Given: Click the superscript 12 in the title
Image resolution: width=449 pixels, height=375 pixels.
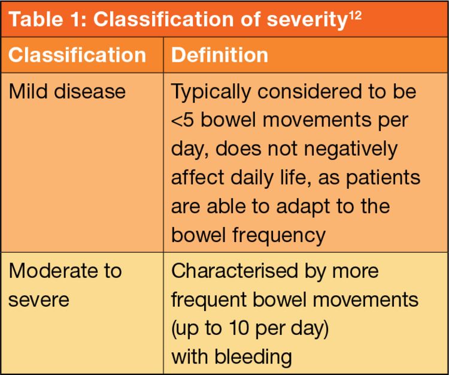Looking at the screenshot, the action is (x=355, y=16).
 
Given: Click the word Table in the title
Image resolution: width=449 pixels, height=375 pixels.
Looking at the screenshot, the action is (x=36, y=19).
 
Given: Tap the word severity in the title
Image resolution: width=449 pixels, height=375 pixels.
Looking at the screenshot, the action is (x=307, y=20).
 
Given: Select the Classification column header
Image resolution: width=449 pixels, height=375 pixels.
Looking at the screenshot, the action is (x=77, y=55).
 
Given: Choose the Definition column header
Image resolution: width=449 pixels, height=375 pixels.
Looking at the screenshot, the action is (x=220, y=55).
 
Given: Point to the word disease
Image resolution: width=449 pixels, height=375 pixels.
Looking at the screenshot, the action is (x=90, y=92).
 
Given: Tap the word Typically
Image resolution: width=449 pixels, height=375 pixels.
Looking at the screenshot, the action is (x=211, y=93).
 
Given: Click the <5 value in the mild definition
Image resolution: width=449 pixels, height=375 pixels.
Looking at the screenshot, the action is (x=183, y=120).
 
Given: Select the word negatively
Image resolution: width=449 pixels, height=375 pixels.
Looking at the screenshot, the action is (x=350, y=150).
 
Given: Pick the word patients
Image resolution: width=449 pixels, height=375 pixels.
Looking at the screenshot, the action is (x=383, y=179).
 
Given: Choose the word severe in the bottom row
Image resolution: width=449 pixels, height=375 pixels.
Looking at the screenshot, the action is (x=39, y=300).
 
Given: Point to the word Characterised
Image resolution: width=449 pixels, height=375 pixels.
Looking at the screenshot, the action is (x=235, y=271).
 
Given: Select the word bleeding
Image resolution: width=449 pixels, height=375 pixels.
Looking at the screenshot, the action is (x=253, y=358).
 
